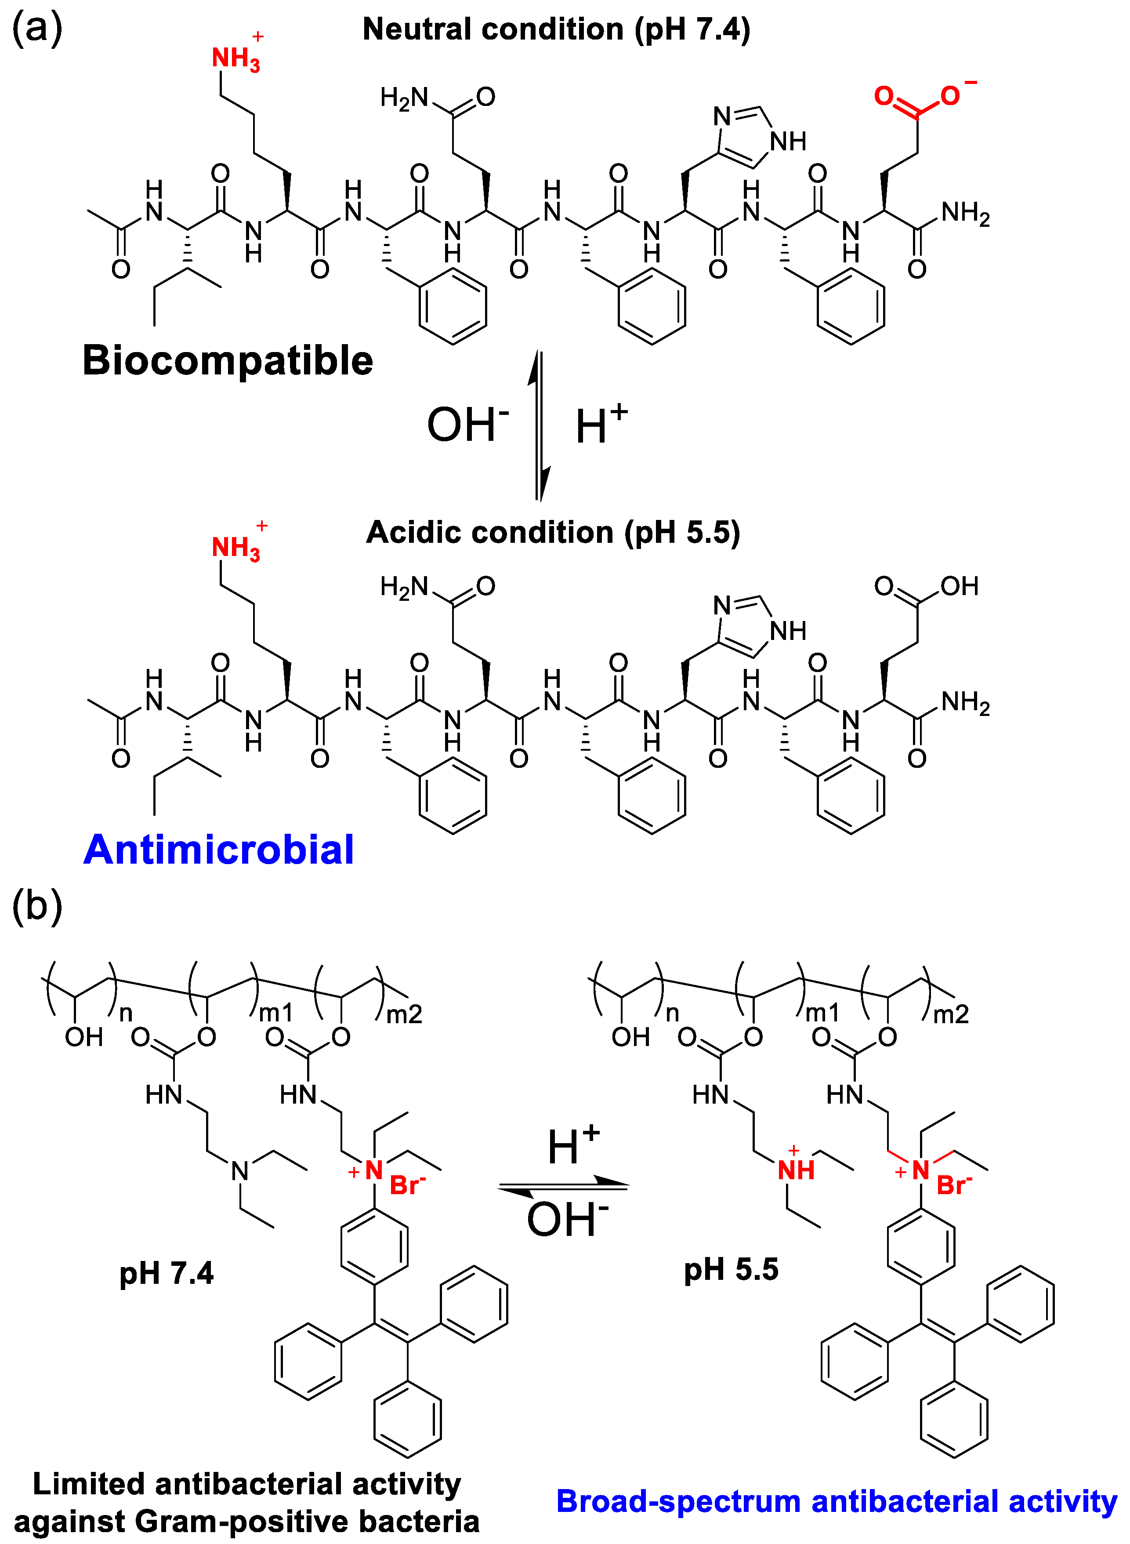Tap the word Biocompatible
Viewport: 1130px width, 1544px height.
228,360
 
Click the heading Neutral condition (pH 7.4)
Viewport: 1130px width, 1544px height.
556,29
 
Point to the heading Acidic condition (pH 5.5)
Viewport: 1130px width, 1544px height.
553,532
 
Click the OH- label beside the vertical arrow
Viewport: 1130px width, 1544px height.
467,425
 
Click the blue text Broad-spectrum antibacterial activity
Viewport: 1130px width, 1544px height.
836,1501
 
